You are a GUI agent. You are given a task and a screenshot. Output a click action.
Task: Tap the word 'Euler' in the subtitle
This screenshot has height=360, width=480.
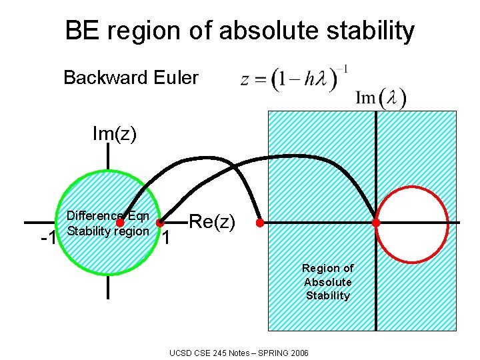(175, 78)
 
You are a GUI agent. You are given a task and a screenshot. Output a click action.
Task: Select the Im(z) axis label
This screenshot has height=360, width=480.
(114, 134)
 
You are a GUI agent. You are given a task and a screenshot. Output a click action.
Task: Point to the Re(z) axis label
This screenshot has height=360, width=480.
(213, 221)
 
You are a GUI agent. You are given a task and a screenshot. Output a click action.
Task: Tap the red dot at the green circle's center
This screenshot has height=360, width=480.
(121, 223)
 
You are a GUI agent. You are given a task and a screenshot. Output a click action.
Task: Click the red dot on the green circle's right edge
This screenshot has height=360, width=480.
(160, 222)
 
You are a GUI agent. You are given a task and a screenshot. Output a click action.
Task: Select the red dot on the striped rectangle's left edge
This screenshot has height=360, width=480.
(260, 223)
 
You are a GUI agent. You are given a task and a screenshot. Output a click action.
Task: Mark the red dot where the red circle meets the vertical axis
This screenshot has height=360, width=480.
(376, 223)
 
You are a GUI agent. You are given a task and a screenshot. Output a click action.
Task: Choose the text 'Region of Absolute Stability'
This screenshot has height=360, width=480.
(327, 281)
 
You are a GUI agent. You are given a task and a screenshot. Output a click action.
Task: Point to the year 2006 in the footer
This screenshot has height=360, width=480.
(297, 352)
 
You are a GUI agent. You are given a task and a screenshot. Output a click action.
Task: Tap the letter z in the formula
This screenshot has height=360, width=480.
(245, 80)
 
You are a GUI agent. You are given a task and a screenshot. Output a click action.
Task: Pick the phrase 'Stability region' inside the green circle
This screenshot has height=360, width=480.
(108, 231)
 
